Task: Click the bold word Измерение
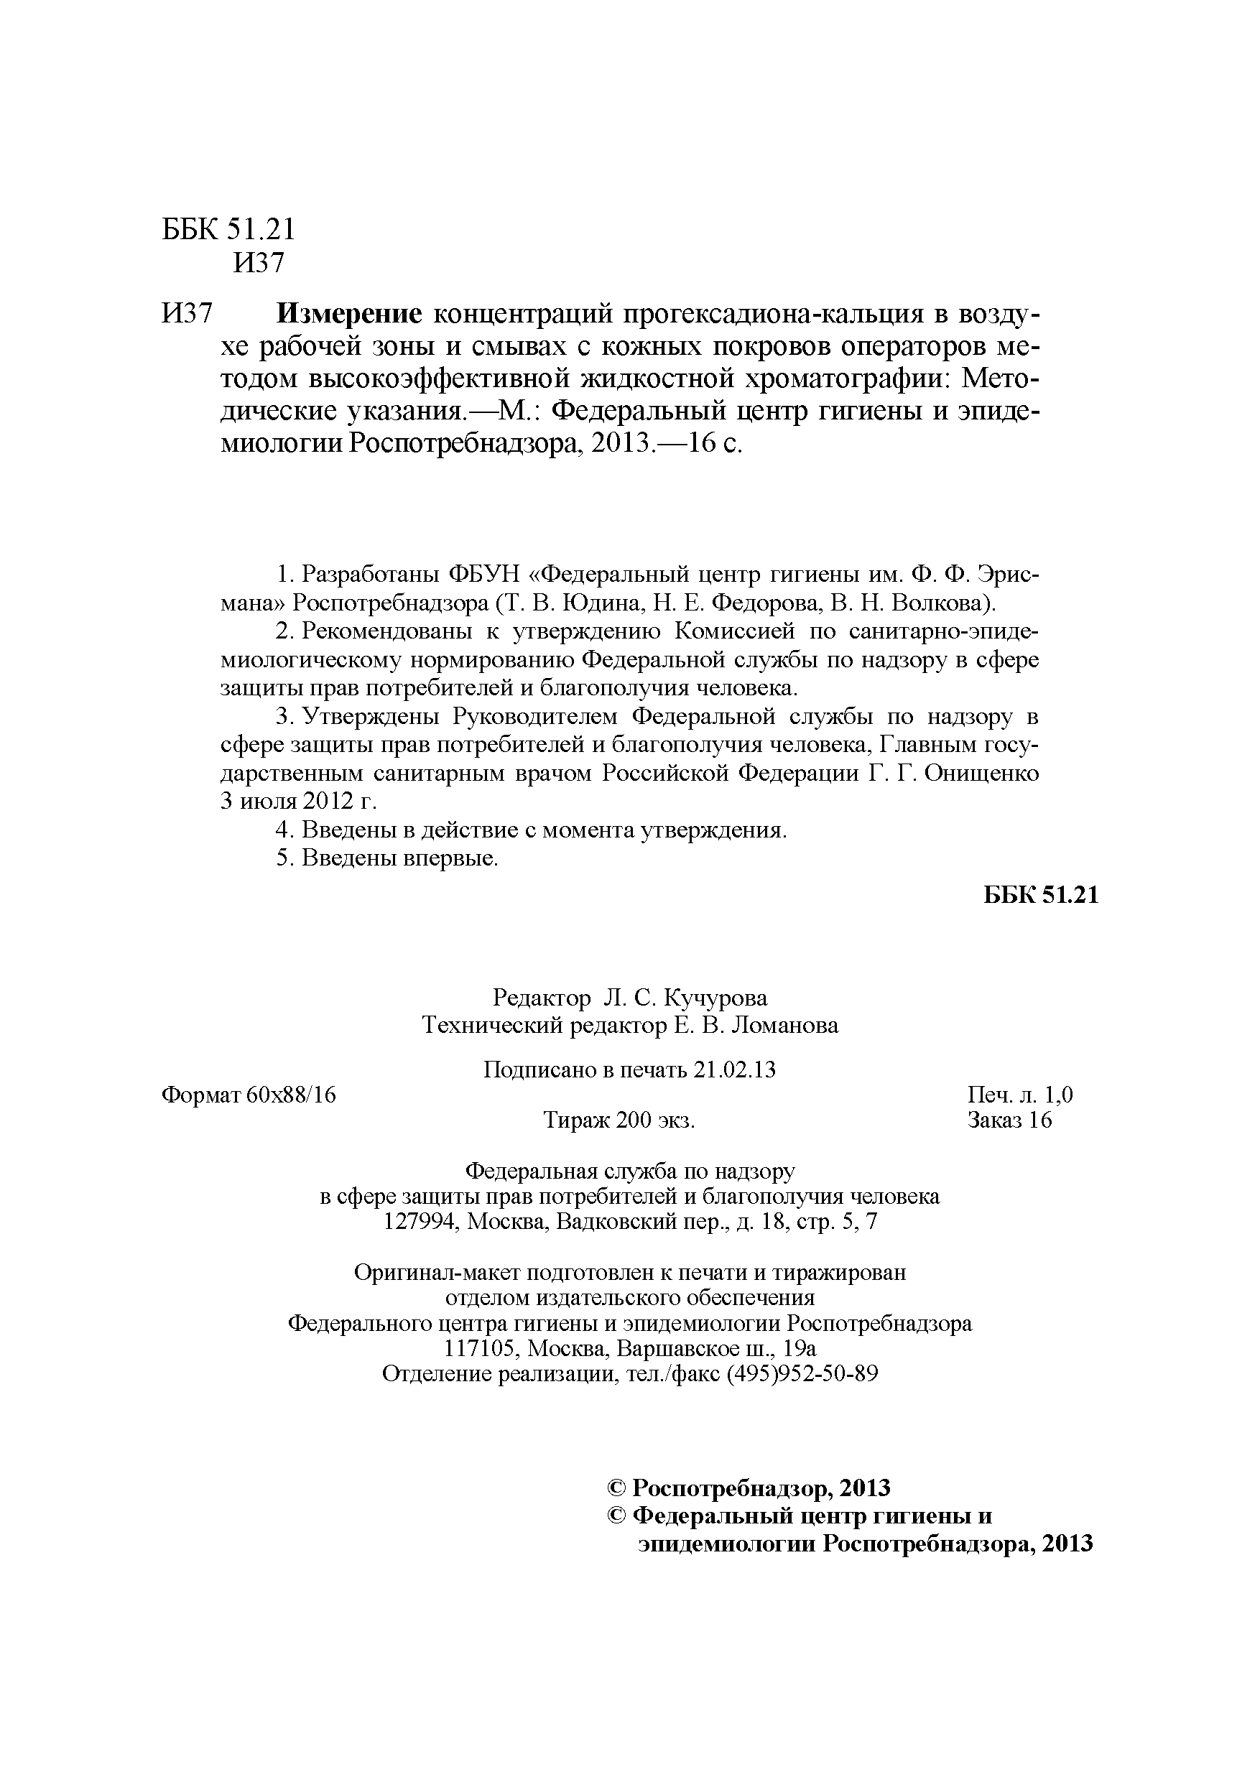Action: (349, 314)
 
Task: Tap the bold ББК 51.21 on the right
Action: (1041, 894)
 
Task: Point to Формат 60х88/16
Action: (249, 1095)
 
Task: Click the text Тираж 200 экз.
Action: (619, 1120)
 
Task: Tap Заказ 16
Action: (1009, 1120)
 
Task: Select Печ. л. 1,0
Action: (1020, 1095)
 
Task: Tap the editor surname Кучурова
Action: (718, 998)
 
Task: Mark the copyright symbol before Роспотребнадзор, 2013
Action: (616, 1488)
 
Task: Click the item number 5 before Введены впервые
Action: (283, 858)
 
